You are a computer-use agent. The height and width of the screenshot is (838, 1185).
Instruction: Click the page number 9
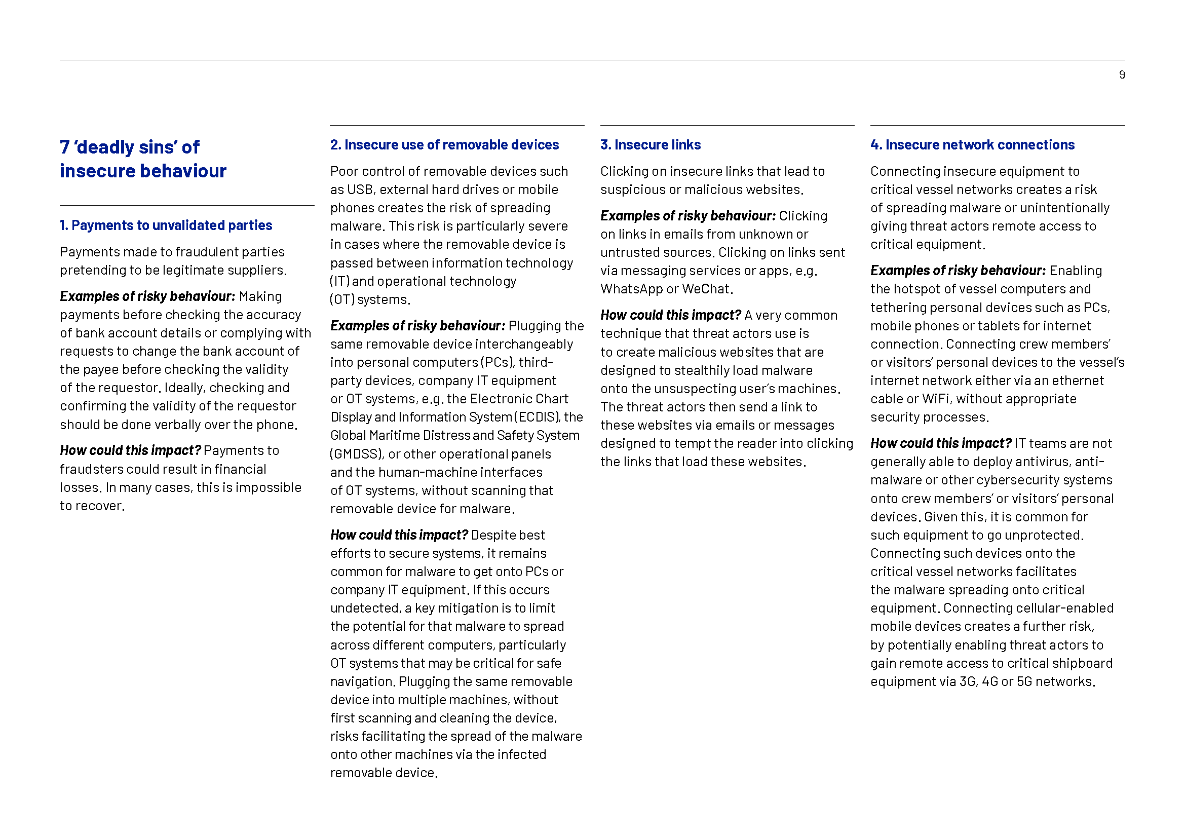pyautogui.click(x=1122, y=75)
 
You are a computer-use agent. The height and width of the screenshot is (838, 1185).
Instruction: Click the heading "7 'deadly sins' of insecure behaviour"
pyautogui.click(x=143, y=159)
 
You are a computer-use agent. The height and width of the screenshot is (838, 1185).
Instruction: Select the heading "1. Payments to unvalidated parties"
pyautogui.click(x=166, y=225)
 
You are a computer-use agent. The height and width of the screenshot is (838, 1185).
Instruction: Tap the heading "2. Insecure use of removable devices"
pyautogui.click(x=444, y=145)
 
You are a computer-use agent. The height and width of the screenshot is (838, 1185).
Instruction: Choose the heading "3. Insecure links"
pyautogui.click(x=651, y=145)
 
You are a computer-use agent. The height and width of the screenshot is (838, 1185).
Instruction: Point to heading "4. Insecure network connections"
pyautogui.click(x=972, y=145)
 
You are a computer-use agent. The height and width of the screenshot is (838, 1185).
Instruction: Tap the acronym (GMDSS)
pyautogui.click(x=357, y=454)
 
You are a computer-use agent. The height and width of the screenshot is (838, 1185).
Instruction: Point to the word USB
pyautogui.click(x=359, y=190)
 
